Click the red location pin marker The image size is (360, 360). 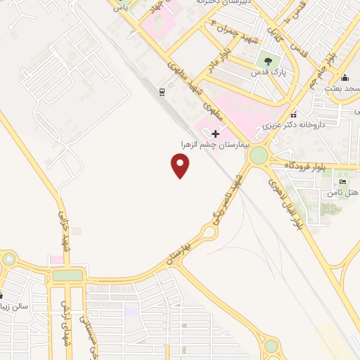pyautogui.click(x=181, y=165)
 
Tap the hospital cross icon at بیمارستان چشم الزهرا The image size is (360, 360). pyautogui.click(x=216, y=133)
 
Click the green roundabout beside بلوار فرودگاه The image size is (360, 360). pyautogui.click(x=259, y=155)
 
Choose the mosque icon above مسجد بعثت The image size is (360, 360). pyautogui.click(x=345, y=77)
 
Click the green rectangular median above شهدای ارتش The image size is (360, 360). pyautogui.click(x=68, y=275)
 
